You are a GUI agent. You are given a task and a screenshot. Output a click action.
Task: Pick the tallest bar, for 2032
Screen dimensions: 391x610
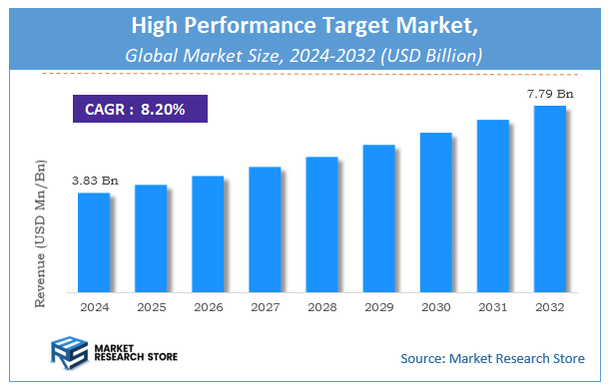(x=549, y=198)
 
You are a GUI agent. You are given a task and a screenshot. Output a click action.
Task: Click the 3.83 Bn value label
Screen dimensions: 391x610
(x=95, y=181)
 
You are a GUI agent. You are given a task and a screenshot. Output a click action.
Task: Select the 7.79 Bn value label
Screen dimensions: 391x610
(x=550, y=94)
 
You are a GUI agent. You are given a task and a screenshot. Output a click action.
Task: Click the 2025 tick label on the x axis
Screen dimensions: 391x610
(x=151, y=308)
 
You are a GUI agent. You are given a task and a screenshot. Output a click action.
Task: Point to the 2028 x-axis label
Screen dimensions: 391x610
(x=321, y=308)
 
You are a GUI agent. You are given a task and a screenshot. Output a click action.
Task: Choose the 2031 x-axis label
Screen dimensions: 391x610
(x=492, y=308)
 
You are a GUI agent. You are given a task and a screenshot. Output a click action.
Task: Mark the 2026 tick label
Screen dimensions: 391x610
(x=208, y=308)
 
